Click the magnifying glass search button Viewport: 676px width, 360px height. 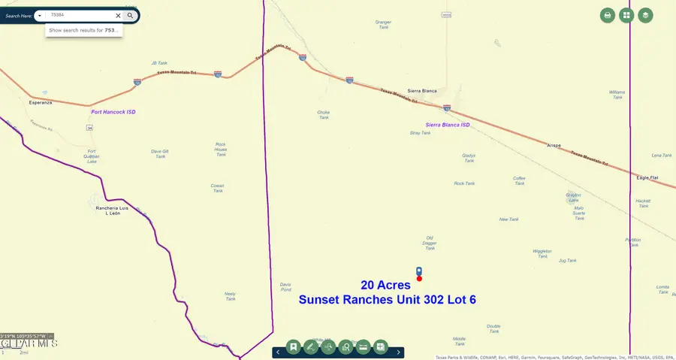(131, 15)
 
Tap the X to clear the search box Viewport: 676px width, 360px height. (118, 15)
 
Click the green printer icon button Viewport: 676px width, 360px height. (608, 15)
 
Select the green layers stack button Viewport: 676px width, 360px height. (645, 15)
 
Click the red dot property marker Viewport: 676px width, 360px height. (419, 279)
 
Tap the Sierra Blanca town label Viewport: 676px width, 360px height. (422, 90)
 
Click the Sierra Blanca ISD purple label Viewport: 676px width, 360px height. (448, 125)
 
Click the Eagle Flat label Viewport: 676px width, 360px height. (647, 177)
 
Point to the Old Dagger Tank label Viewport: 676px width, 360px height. (430, 242)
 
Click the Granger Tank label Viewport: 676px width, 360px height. (383, 24)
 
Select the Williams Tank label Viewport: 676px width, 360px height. (617, 94)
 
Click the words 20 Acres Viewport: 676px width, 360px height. (385, 285)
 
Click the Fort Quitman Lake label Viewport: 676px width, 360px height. (92, 156)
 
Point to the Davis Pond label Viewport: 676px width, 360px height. (285, 286)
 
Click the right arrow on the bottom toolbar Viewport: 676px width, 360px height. (399, 351)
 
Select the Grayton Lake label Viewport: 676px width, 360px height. (573, 198)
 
